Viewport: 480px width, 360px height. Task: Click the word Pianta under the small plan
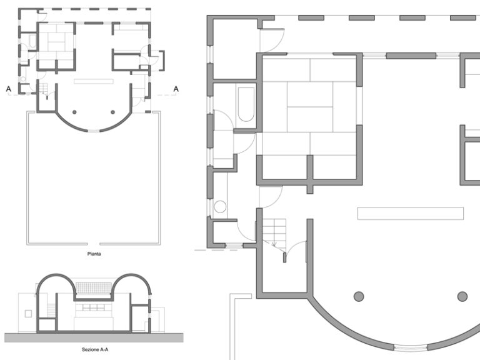click(x=94, y=255)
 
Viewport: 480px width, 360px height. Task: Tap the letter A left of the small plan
click(x=9, y=89)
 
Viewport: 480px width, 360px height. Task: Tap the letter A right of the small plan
click(x=176, y=89)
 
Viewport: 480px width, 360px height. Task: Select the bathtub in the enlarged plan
click(x=246, y=104)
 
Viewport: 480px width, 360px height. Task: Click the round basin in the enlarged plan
click(x=220, y=207)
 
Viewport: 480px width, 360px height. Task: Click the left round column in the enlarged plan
click(x=359, y=296)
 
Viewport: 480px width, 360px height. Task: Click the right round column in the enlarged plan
click(x=462, y=296)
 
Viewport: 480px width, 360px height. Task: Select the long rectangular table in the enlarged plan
click(x=410, y=213)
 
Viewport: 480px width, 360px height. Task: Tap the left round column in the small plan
click(x=74, y=112)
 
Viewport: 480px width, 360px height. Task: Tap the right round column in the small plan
click(x=113, y=112)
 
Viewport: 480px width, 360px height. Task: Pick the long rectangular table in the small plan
click(x=94, y=81)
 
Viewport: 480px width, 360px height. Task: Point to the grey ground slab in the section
click(x=94, y=336)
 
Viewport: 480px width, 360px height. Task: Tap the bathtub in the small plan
click(x=32, y=42)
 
